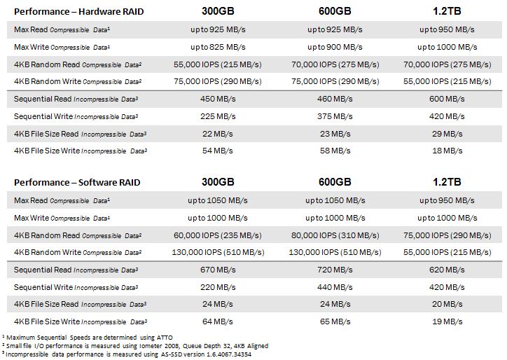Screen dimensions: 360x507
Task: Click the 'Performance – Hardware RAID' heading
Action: (x=77, y=12)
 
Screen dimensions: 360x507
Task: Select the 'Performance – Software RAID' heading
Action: (x=77, y=182)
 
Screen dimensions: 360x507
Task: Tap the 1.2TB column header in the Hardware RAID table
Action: (x=447, y=12)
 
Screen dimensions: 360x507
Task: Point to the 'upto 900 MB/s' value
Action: (x=335, y=47)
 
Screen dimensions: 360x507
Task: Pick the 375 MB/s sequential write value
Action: (x=335, y=116)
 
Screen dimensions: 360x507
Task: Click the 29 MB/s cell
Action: (x=447, y=133)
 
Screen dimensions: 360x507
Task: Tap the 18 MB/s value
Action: (x=447, y=151)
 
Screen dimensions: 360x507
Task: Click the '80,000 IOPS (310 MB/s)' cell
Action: (x=335, y=235)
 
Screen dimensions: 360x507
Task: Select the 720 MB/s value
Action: (x=335, y=270)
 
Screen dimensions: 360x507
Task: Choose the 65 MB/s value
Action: (x=335, y=321)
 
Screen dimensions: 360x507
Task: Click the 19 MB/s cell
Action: (x=447, y=321)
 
